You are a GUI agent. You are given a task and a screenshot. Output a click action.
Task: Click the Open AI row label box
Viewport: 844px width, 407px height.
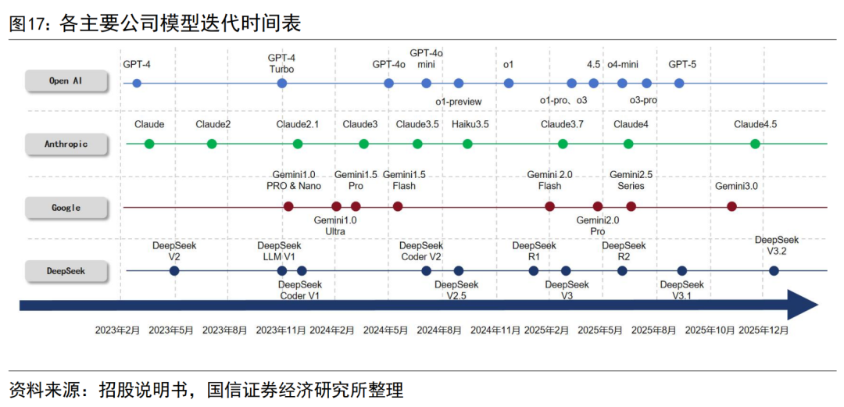(65, 80)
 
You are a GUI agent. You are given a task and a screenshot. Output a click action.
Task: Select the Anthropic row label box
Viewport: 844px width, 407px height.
(65, 144)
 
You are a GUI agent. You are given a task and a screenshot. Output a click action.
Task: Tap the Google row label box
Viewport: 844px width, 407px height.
(65, 208)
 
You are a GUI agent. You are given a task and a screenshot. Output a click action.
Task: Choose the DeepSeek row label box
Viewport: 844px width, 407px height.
(65, 271)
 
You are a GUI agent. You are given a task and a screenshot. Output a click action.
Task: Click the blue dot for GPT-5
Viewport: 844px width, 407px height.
(679, 83)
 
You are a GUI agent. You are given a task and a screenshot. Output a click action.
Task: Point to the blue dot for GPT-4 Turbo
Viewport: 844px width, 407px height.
(282, 83)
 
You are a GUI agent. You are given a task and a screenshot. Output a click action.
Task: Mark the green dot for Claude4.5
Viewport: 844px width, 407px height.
(755, 144)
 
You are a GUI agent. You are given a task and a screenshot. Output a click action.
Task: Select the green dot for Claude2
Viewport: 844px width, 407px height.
(212, 144)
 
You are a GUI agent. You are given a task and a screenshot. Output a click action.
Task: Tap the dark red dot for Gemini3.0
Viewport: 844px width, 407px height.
(731, 206)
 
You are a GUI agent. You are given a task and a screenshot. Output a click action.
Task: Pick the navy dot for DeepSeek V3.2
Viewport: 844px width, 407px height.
(774, 271)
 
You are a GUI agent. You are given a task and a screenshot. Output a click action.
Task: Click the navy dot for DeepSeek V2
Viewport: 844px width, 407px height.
(174, 271)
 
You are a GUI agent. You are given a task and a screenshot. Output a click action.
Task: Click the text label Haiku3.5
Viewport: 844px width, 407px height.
(470, 124)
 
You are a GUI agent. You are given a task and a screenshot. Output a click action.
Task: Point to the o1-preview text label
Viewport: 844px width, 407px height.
(459, 102)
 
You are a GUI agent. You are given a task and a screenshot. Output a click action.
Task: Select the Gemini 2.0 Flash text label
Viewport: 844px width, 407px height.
(549, 180)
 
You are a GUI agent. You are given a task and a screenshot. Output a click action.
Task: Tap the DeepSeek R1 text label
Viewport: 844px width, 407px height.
(534, 250)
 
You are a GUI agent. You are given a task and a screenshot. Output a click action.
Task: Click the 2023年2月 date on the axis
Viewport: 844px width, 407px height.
(118, 330)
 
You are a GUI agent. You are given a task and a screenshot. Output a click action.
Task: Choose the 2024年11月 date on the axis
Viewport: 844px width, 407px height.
(495, 330)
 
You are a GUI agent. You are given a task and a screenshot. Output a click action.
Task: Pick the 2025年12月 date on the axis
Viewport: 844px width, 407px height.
(764, 330)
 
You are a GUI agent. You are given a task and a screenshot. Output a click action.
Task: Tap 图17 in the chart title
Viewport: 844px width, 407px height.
(27, 24)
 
